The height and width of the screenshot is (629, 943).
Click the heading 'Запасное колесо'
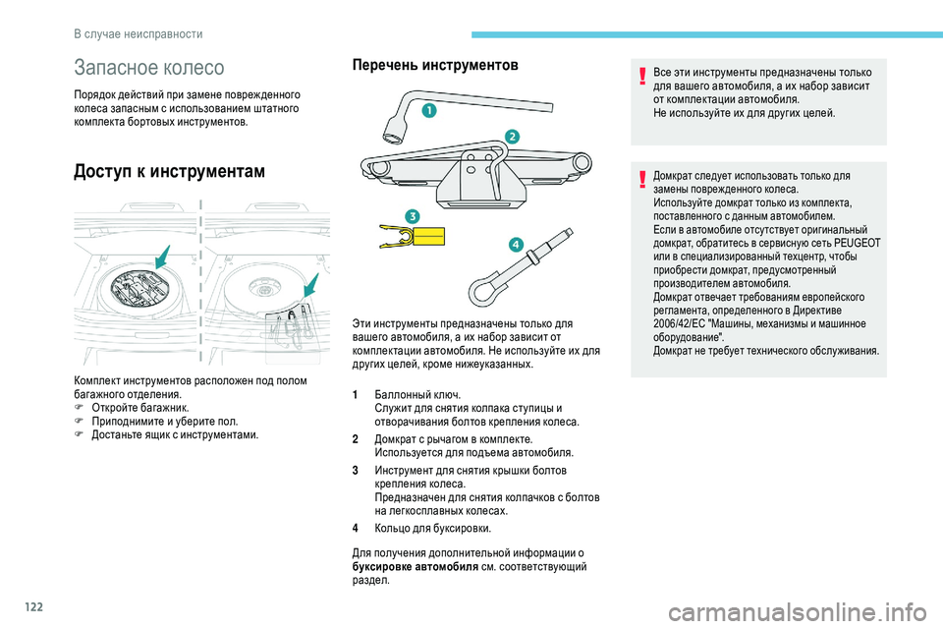(x=149, y=68)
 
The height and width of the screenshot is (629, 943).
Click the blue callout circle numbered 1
(x=428, y=113)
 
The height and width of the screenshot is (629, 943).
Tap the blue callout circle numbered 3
(x=412, y=215)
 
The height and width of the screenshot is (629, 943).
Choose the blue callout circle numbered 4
(x=515, y=244)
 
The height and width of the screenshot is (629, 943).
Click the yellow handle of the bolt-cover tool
(x=428, y=237)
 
